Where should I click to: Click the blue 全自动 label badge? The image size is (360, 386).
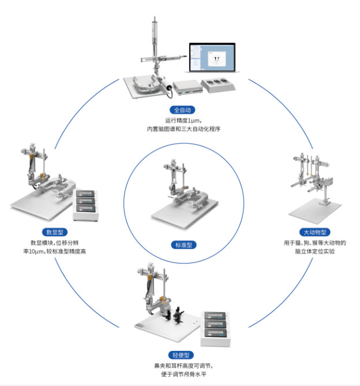pos(182,110)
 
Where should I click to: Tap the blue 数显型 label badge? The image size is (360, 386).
pos(55,232)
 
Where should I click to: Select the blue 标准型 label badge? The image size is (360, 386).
pos(183,245)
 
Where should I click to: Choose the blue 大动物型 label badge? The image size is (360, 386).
pos(315,232)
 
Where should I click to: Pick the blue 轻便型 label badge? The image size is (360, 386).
pos(181,355)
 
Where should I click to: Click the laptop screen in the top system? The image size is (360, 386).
pos(212,57)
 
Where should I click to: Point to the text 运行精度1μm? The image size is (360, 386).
pos(183,121)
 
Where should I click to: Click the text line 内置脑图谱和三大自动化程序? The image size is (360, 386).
pos(183,129)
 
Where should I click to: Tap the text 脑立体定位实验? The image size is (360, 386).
pos(315,252)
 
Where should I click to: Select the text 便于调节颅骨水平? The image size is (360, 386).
pos(183,374)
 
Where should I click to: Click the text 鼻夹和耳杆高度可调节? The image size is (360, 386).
pos(183,366)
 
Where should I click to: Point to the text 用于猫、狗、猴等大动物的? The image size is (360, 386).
pos(315,243)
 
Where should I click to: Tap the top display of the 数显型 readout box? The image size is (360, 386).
pos(85,193)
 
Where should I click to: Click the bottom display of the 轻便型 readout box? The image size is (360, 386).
pos(216,333)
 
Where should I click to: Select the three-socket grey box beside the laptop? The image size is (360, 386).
pos(218,85)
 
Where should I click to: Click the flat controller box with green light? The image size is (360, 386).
pos(187,87)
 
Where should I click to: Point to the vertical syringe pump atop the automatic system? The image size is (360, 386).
pos(155,37)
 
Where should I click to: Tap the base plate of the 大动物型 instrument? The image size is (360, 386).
pos(315,211)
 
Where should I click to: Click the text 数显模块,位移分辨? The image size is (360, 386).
pos(54,243)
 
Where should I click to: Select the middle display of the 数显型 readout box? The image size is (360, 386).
pos(85,201)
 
